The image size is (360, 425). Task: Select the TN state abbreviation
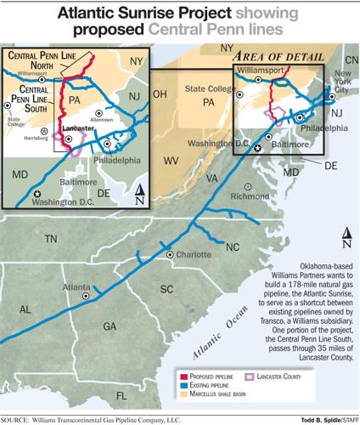(50, 239)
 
